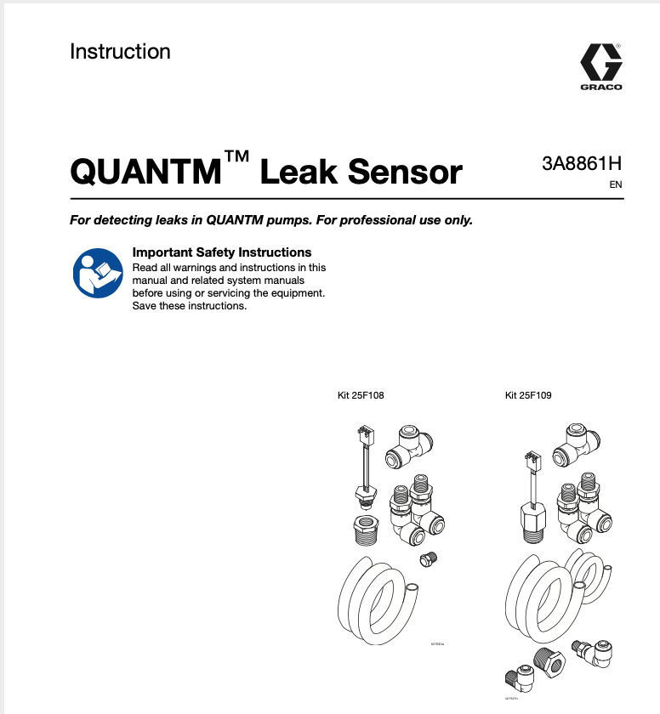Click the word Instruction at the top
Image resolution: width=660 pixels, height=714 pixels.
click(x=120, y=52)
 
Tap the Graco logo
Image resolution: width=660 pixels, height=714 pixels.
click(x=601, y=66)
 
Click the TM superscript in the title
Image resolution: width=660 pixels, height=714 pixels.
click(x=236, y=158)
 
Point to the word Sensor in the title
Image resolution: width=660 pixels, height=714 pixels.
click(x=406, y=173)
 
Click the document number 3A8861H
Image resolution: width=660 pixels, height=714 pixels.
click(x=582, y=164)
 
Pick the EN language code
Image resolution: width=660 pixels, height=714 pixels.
click(x=616, y=184)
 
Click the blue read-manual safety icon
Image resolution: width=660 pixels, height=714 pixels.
click(x=97, y=273)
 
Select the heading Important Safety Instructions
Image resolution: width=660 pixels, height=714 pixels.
click(x=222, y=252)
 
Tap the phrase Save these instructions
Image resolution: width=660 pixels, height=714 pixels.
click(x=190, y=306)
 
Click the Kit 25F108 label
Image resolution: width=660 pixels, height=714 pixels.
click(x=361, y=395)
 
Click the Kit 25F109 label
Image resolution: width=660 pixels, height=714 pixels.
click(x=528, y=395)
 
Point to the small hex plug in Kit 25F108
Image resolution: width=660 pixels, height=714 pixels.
click(x=428, y=559)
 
